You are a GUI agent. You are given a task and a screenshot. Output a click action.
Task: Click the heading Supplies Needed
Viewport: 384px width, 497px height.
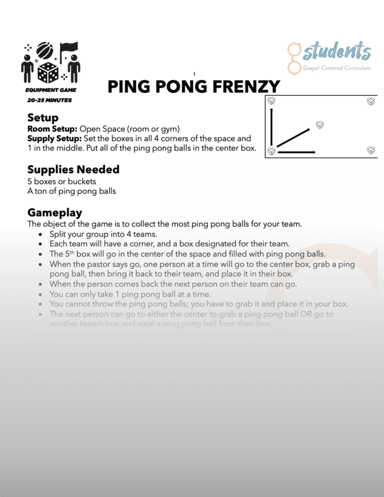coord(73,169)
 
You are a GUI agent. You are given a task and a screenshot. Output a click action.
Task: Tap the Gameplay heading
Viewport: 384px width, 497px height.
coord(55,213)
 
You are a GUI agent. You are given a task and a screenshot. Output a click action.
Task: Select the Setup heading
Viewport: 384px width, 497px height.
coord(43,117)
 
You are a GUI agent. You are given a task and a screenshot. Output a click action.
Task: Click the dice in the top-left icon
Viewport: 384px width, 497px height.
coord(49,73)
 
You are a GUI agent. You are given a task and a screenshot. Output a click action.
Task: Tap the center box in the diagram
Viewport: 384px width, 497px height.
coord(319,125)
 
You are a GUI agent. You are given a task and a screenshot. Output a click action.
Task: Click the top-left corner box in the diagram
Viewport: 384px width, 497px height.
coord(272,101)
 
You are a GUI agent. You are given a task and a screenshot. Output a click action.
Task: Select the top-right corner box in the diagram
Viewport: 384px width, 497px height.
coord(371,101)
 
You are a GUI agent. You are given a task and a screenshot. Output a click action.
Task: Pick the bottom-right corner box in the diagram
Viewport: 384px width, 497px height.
coord(371,150)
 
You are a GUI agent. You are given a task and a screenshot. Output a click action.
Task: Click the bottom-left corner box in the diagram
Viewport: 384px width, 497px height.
coord(272,151)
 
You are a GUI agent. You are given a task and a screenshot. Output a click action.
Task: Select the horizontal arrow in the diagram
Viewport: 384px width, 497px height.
coord(296,152)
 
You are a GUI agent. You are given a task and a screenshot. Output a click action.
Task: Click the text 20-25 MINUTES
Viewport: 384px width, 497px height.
coord(50,100)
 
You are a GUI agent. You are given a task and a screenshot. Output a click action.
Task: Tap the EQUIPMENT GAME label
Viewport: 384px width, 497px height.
coord(50,90)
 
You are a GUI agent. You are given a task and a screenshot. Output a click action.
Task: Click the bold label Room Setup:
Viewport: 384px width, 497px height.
coord(52,129)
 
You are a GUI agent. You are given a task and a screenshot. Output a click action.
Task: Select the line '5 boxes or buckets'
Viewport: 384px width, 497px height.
coord(62,182)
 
